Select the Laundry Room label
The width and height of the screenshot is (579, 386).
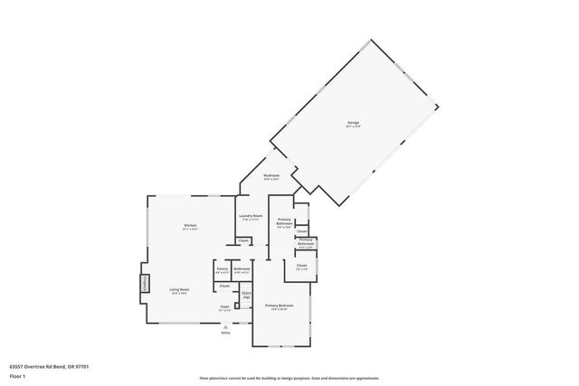(x=251, y=216)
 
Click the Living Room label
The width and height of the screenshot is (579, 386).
(x=178, y=290)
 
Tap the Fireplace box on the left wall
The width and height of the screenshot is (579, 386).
(x=143, y=285)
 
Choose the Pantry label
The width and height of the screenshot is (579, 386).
(x=223, y=268)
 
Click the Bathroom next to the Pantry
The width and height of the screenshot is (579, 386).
(x=242, y=268)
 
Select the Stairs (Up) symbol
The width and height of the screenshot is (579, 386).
(x=245, y=295)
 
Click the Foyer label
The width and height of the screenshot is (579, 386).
(x=224, y=308)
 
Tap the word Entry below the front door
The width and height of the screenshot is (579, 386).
(x=226, y=333)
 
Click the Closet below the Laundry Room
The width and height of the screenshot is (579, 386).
(x=244, y=240)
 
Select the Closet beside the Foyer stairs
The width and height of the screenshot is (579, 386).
(x=224, y=287)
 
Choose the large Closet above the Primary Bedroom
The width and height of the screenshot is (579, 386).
(x=302, y=267)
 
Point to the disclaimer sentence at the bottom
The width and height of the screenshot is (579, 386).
(x=289, y=378)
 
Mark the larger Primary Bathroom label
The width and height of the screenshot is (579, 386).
(x=284, y=223)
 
